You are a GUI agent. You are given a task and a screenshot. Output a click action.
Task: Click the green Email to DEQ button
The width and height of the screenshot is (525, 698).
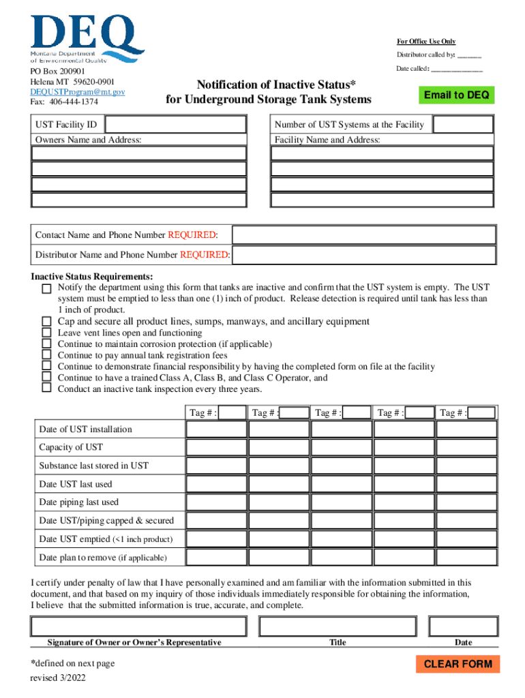pyautogui.click(x=456, y=95)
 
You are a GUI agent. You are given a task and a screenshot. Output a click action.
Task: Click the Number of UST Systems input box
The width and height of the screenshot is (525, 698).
pyautogui.click(x=463, y=124)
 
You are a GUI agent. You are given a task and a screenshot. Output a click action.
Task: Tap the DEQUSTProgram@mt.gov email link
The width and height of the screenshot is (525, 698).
pyautogui.click(x=77, y=91)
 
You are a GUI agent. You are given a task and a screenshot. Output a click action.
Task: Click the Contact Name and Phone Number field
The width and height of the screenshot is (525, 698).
pyautogui.click(x=364, y=235)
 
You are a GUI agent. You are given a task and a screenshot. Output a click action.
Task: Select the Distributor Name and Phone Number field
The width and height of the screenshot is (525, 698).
pyautogui.click(x=364, y=255)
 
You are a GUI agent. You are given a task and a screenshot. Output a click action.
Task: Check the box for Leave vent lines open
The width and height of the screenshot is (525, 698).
pyautogui.click(x=46, y=333)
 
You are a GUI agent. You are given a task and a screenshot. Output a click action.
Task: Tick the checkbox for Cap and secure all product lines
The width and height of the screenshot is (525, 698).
pyautogui.click(x=46, y=321)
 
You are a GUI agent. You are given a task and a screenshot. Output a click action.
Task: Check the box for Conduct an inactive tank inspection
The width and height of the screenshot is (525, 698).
pyautogui.click(x=46, y=389)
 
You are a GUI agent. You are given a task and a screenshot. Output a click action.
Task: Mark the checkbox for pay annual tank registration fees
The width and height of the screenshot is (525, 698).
pyautogui.click(x=46, y=355)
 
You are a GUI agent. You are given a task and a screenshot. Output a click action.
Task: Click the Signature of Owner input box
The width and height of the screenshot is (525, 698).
pyautogui.click(x=138, y=626)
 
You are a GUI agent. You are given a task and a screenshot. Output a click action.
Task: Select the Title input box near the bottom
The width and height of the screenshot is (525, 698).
pyautogui.click(x=337, y=626)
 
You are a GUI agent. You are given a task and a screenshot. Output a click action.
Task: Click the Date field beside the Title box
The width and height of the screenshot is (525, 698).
pyautogui.click(x=463, y=626)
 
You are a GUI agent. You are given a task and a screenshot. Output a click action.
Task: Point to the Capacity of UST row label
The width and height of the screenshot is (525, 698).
pyautogui.click(x=71, y=448)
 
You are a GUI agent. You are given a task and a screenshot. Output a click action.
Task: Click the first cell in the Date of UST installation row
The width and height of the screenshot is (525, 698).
pyautogui.click(x=216, y=429)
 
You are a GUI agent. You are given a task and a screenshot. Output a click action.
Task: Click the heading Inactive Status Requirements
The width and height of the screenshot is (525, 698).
pyautogui.click(x=92, y=277)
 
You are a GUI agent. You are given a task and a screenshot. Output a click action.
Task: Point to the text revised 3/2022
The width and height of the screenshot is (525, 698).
pyautogui.click(x=57, y=678)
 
